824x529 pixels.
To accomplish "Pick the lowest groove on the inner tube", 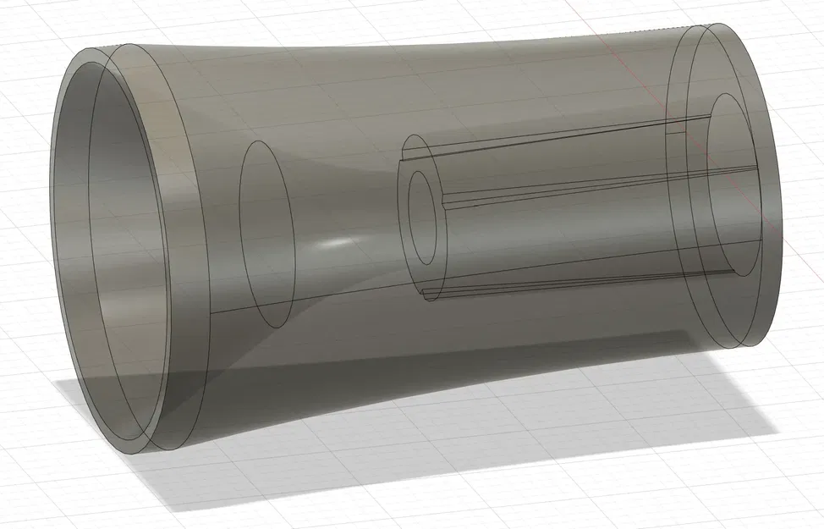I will click(x=575, y=284).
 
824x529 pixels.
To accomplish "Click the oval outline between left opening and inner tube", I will click(x=266, y=234).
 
